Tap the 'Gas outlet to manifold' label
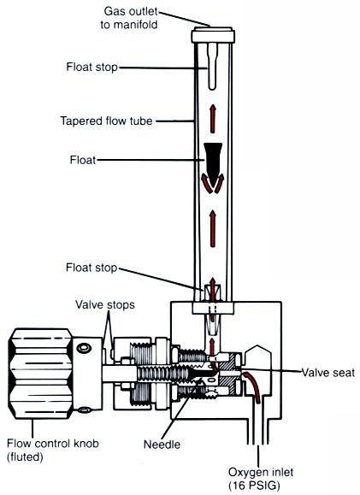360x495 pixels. pos(129,18)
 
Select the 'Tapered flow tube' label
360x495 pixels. pos(106,121)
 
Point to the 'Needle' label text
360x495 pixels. pos(162,445)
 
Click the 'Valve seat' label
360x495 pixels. pos(328,373)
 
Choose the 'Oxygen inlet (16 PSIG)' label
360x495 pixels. pos(261,479)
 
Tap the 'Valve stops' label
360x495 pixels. pos(105,305)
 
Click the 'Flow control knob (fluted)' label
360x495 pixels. pos(53,450)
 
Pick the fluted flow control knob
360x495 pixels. pos(40,374)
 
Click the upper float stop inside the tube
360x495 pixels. pos(213,66)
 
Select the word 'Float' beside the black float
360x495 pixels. pos(83,160)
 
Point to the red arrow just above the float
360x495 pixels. pos(213,119)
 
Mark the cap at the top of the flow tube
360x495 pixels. pos(213,34)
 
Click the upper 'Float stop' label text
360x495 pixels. pos(91,67)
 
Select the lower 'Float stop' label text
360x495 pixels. pos(91,268)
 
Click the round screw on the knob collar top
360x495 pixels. pos(84,348)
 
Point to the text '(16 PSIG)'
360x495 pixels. pos(255,486)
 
